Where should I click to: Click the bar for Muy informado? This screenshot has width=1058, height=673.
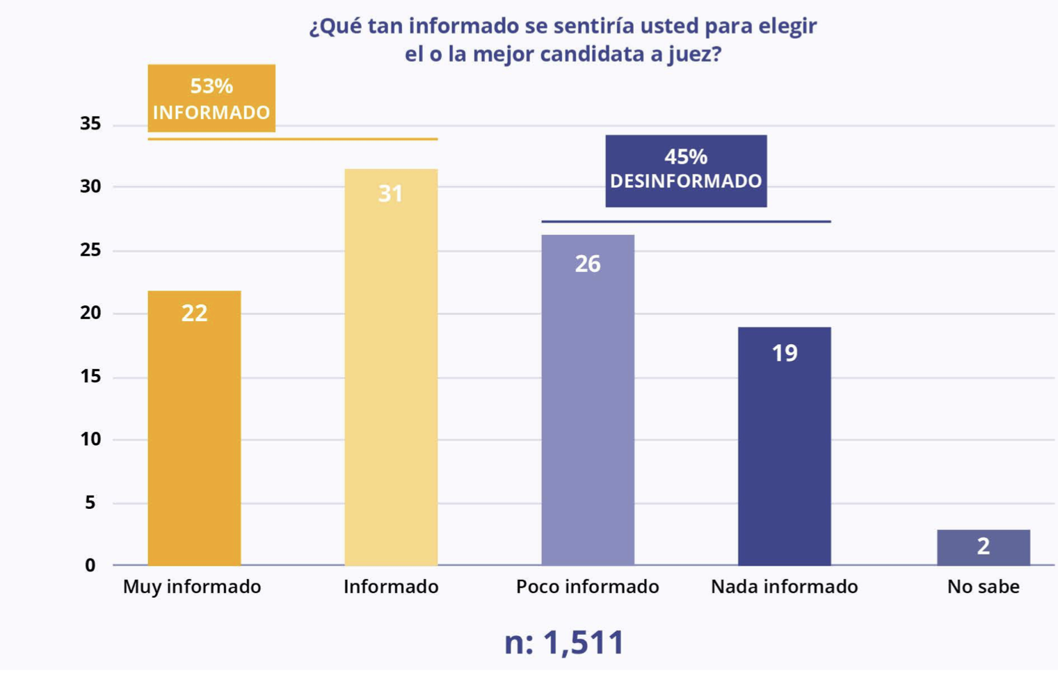point(194,428)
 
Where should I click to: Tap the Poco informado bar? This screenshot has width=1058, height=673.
point(588,400)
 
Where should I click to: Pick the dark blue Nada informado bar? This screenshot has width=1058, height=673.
point(784,446)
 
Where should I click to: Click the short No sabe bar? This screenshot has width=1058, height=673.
point(983,547)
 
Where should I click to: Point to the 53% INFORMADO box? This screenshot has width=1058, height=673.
point(211,98)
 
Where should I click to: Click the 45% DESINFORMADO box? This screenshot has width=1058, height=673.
point(686,170)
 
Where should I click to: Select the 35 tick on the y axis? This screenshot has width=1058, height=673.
point(90,124)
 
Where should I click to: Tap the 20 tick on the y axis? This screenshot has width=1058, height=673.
point(90,313)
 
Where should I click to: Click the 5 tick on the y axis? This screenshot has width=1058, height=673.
point(90,502)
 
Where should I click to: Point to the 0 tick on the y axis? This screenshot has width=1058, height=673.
point(90,565)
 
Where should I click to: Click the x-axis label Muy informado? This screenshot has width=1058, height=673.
point(192,587)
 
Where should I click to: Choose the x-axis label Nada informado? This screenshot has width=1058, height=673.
point(784,587)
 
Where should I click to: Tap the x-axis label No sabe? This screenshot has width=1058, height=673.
point(983,587)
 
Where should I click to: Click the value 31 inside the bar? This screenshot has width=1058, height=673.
point(390,193)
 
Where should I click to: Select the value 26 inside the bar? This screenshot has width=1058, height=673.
point(588,263)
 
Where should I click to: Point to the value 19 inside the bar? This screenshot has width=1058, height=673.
point(784,353)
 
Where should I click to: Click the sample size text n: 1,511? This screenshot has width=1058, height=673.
point(564,642)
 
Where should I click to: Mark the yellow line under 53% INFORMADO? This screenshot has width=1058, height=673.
point(292,139)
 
